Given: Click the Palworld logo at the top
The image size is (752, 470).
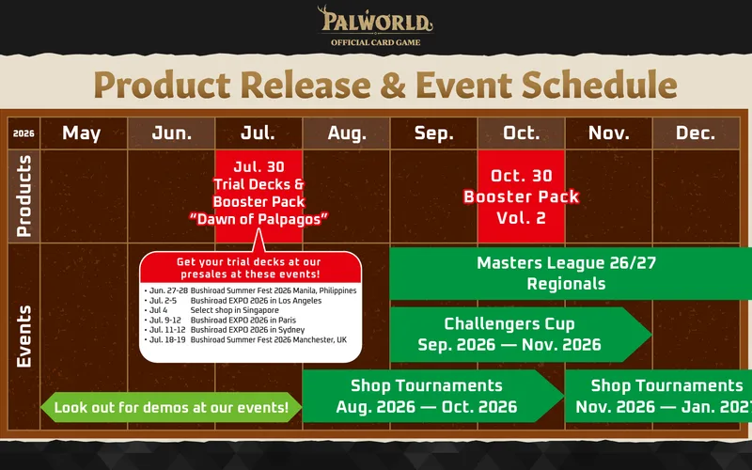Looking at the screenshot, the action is coord(375,26).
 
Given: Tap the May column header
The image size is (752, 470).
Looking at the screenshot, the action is coord(83,133).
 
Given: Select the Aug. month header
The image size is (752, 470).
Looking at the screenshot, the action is coord(346,133).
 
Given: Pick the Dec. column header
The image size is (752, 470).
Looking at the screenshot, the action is coord(696,133).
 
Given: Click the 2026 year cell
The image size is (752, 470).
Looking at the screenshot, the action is coord(23,133).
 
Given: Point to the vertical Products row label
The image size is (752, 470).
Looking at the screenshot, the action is coord(23,196).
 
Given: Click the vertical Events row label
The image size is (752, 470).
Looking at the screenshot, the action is coord(23,336).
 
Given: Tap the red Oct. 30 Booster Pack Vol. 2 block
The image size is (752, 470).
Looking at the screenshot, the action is coord(522,196).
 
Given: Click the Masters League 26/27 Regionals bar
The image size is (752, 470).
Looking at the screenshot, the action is coord(571,274).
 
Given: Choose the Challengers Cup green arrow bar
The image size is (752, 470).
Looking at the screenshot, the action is coord(521,335).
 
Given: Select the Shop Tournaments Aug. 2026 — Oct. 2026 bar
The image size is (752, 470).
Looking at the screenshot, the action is coord(432,396).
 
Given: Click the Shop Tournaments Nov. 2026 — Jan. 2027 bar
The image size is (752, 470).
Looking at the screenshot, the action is coord(659,396).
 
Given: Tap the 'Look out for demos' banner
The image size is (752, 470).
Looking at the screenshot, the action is coord(171,407).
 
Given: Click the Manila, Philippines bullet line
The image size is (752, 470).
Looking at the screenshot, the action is coord(250,290).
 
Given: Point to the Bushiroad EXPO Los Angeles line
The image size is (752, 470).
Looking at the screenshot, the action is coord(233,301).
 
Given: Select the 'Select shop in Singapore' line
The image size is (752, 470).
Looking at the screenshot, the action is coord(211,310).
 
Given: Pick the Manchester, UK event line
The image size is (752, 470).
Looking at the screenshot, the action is coord(245,339).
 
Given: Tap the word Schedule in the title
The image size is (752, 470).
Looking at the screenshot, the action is coord(600,85).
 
